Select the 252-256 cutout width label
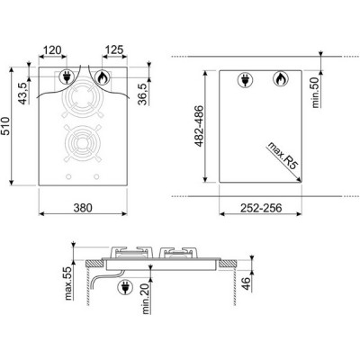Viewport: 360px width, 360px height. coord(257,206)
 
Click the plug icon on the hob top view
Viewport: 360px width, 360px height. coord(67,78)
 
